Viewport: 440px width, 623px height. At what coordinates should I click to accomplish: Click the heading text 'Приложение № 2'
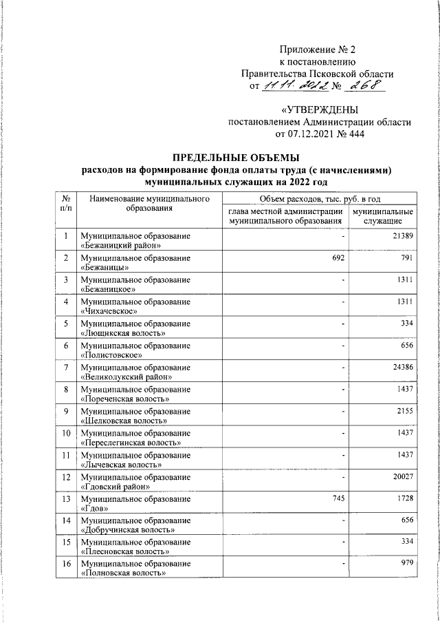316,49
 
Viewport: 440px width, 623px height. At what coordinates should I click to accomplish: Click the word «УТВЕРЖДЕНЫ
320,110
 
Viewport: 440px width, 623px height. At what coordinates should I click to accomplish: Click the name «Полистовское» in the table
111,355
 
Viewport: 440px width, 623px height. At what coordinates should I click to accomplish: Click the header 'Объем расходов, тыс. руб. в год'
317,199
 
